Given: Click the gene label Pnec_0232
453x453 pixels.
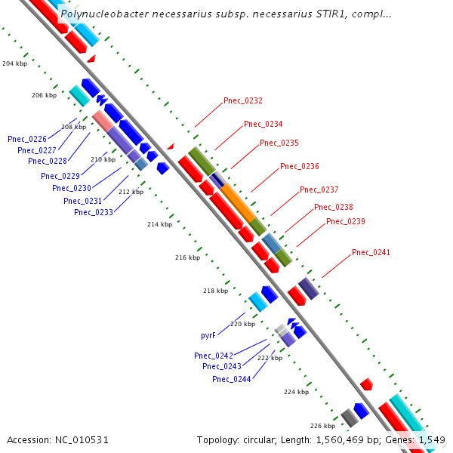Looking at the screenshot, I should pyautogui.click(x=243, y=100).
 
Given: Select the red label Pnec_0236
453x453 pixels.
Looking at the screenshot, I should pyautogui.click(x=299, y=166).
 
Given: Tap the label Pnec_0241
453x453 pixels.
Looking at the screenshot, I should pyautogui.click(x=371, y=252).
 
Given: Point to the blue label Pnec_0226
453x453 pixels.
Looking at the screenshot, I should pyautogui.click(x=27, y=139).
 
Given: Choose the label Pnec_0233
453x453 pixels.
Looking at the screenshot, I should pyautogui.click(x=94, y=212).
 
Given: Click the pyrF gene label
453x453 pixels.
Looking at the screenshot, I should pyautogui.click(x=208, y=334).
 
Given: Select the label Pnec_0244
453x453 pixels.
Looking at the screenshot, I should pyautogui.click(x=231, y=379).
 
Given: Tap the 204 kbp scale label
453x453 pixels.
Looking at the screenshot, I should pyautogui.click(x=14, y=63).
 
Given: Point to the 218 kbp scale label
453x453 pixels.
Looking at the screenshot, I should pyautogui.click(x=215, y=291).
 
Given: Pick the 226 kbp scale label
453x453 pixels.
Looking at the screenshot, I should pyautogui.click(x=322, y=426).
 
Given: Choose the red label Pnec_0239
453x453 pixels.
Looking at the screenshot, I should pyautogui.click(x=345, y=221).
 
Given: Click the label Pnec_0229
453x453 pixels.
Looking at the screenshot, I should pyautogui.click(x=60, y=176).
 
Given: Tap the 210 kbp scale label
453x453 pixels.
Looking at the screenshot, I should pyautogui.click(x=103, y=159).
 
